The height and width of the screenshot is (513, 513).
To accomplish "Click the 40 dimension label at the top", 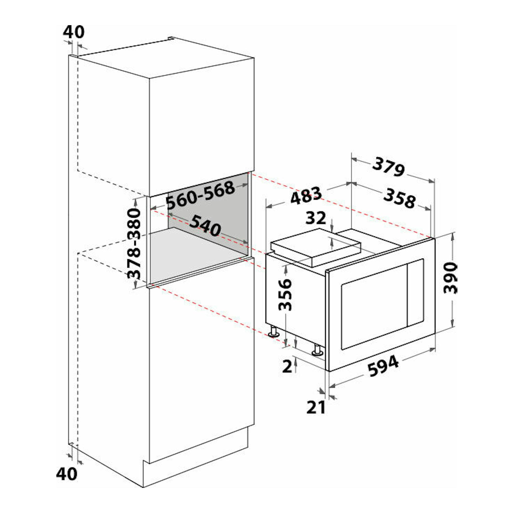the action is [73, 32].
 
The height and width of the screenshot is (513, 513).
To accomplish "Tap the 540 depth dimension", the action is [205, 225].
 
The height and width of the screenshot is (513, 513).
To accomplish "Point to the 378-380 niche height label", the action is [134, 243].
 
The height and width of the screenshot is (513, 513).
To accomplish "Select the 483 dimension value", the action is [306, 196].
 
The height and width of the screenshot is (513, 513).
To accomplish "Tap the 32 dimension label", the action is [316, 218].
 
